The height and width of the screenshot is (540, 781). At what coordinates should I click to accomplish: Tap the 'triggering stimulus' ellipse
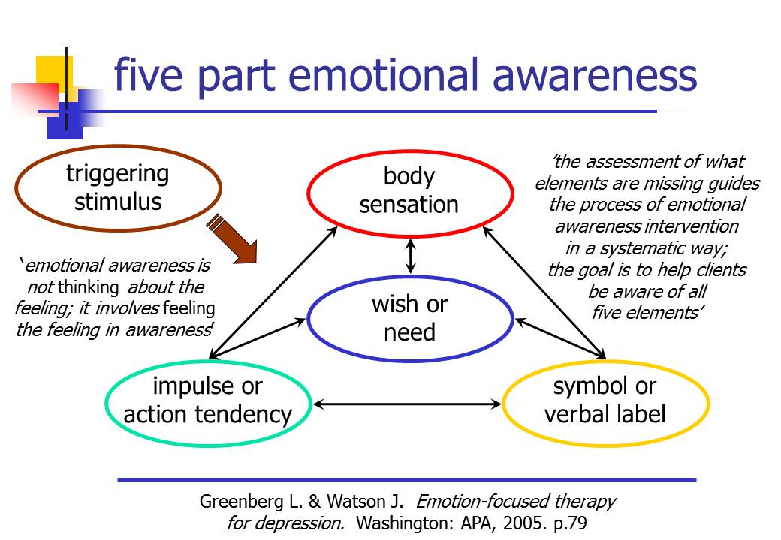[x=118, y=147]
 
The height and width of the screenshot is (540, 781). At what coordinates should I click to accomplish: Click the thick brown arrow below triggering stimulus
[x=233, y=239]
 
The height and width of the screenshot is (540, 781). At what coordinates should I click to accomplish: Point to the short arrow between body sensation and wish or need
[x=411, y=256]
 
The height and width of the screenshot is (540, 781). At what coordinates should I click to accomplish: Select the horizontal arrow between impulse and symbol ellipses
[x=407, y=403]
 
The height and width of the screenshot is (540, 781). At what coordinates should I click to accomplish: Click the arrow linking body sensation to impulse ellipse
[x=273, y=292]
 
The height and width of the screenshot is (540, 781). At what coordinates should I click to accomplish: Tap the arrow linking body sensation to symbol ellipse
[x=544, y=292]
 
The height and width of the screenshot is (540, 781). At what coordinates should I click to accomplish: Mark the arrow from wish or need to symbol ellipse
[x=560, y=338]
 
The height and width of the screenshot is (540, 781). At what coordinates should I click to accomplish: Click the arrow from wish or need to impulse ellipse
[x=257, y=338]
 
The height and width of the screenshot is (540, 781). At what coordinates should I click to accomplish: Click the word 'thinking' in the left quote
[x=88, y=287]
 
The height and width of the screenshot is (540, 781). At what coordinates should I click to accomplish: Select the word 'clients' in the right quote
[x=721, y=269]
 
